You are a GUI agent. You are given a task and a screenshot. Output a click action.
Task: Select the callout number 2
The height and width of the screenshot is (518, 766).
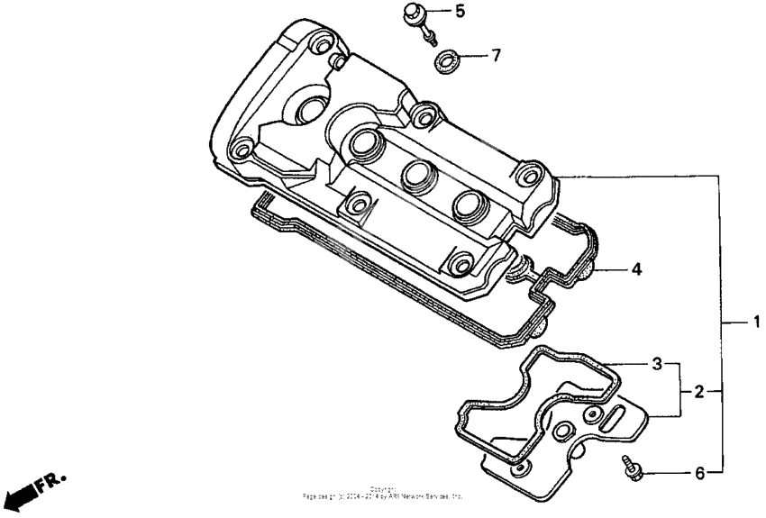(698, 392)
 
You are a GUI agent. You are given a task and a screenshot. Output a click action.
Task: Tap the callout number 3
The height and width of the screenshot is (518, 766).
(658, 364)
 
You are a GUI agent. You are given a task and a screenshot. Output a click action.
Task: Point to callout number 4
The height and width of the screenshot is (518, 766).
(635, 268)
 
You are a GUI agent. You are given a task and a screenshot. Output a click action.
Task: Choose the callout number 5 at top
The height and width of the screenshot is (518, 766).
(460, 12)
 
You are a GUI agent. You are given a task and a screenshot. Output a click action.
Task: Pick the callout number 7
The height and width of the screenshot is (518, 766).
(495, 56)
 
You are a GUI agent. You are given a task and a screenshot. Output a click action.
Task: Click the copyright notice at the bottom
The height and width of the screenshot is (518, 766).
(383, 494)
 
